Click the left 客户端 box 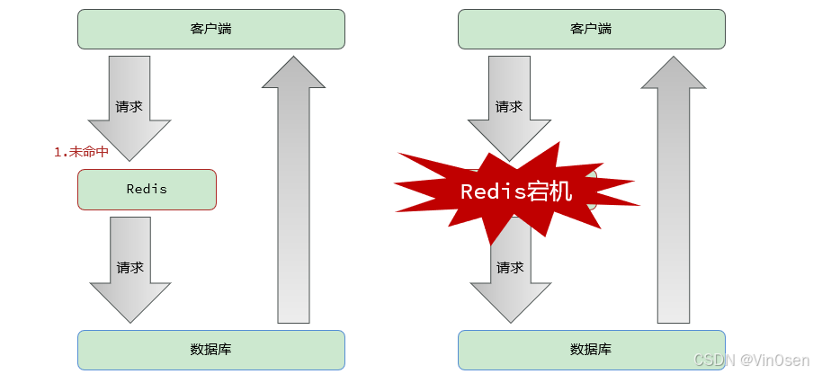tap(211, 29)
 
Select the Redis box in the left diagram tap(147, 190)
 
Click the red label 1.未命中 tap(81, 152)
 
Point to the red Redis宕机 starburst tap(515, 191)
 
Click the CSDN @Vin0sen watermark tap(755, 359)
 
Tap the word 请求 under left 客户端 tap(130, 106)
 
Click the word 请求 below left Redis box tap(130, 268)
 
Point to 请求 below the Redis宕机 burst tap(510, 268)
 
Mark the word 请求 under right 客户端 tap(509, 106)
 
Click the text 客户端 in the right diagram tap(591, 29)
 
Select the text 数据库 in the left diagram tap(211, 350)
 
